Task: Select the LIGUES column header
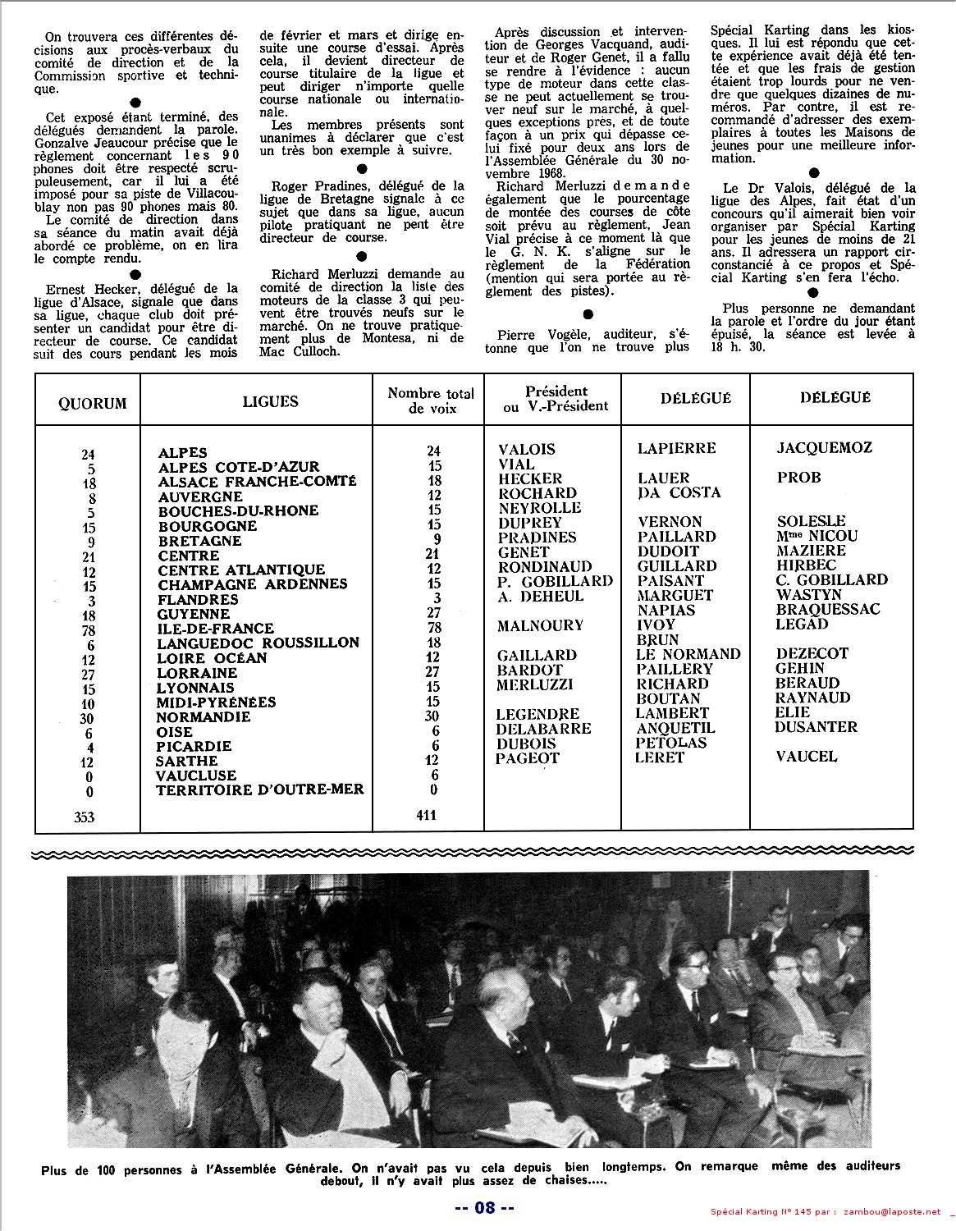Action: tap(270, 401)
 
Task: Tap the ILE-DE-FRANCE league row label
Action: tap(215, 628)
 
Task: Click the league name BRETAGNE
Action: tap(199, 541)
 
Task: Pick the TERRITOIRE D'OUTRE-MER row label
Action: tap(260, 789)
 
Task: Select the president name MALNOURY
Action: tap(540, 626)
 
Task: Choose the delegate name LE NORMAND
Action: tap(688, 654)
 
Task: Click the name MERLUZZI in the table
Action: tap(534, 684)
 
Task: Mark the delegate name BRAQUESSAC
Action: tap(827, 609)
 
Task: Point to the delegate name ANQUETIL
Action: tap(675, 728)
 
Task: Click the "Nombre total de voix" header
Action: tap(430, 400)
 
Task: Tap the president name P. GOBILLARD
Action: tap(555, 581)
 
